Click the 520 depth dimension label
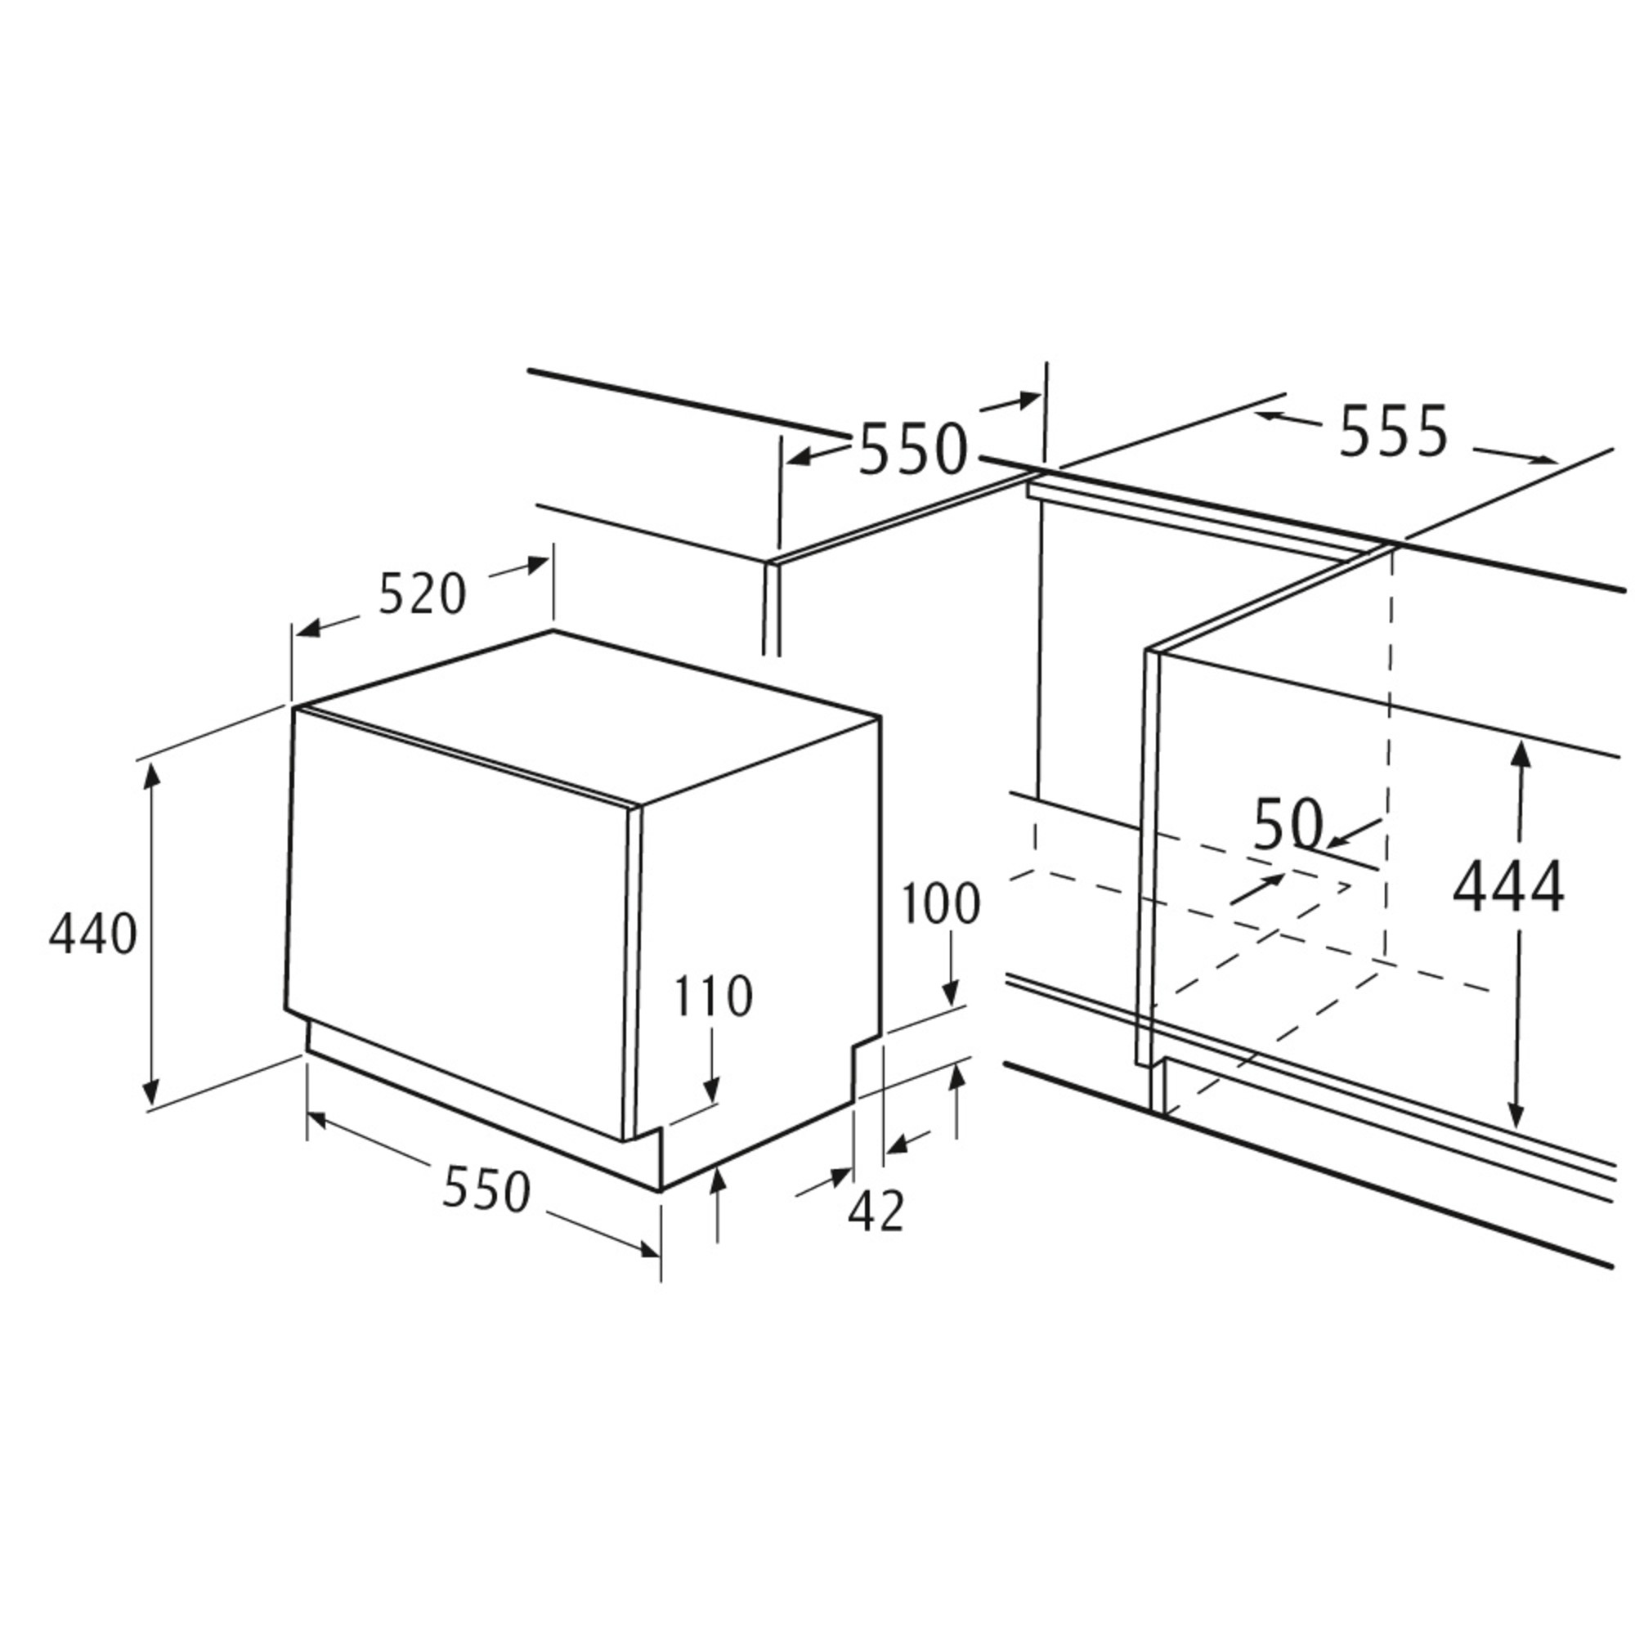tap(422, 595)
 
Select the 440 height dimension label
tap(92, 934)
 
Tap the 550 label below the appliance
tap(486, 1189)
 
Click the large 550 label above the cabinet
tap(912, 448)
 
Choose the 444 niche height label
tap(1509, 887)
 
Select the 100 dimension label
tap(939, 903)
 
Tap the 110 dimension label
tap(713, 996)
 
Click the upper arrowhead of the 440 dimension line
tap(151, 775)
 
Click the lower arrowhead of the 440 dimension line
tap(151, 1091)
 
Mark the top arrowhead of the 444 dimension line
tap(1521, 754)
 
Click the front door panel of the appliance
tap(461, 922)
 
